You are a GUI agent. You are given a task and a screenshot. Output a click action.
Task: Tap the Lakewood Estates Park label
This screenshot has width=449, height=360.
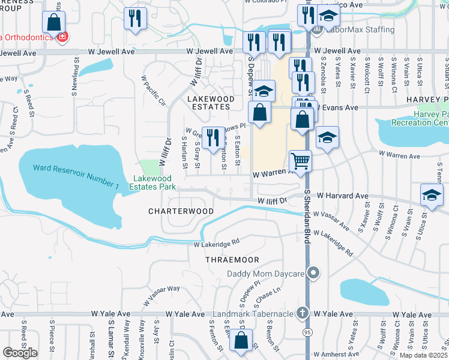pos(154,182)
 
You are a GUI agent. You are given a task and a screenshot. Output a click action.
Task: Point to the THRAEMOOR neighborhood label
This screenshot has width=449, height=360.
pos(232,260)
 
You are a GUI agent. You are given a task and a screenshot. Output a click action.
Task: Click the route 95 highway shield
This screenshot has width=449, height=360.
pos(307,331)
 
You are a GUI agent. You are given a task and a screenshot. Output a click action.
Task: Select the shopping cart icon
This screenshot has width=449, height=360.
pos(300,160)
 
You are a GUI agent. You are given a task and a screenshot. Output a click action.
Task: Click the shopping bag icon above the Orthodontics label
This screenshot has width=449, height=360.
pos(53,22)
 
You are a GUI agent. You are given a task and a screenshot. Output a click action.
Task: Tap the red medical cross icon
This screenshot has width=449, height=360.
pos(61,37)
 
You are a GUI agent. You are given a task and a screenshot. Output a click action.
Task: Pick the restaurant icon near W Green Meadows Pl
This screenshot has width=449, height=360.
pos(211,137)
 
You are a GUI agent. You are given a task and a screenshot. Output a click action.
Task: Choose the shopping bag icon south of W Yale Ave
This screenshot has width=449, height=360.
pos(241,340)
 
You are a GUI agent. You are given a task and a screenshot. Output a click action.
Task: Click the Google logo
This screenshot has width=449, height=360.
pos(20,352)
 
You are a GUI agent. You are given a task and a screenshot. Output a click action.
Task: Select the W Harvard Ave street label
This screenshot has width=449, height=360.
pos(342,196)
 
